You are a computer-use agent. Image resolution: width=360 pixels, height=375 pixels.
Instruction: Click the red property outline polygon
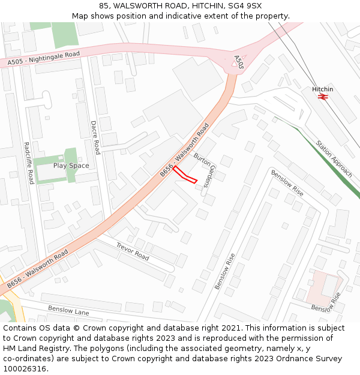tap(185, 175)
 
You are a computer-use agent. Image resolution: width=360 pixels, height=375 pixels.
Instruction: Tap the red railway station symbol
tap(322, 97)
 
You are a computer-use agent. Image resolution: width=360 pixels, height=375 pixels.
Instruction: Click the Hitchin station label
tap(322, 89)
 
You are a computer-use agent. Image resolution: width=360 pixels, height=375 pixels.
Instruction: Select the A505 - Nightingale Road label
tap(44, 58)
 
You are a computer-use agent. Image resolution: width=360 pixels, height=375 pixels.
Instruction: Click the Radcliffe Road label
tap(28, 163)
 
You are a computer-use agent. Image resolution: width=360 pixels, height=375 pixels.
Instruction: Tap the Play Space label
tap(71, 166)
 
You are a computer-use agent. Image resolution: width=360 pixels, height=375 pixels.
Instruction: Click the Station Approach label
tap(334, 159)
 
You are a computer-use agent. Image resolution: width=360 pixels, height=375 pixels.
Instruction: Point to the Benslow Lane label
tap(68, 311)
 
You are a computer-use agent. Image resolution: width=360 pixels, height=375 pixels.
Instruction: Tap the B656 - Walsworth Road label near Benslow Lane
tap(38, 268)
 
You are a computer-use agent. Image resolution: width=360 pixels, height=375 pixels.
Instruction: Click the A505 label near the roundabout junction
tap(238, 62)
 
